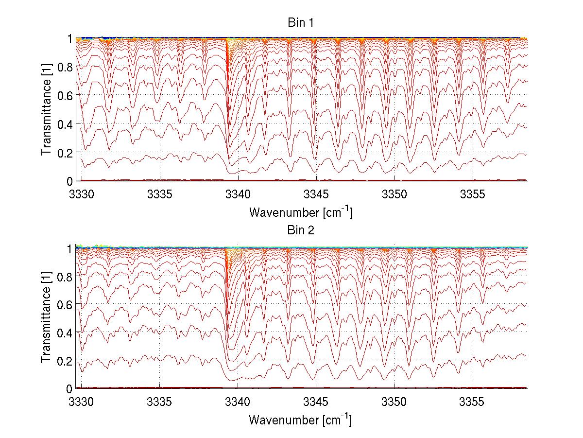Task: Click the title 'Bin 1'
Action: click(301, 23)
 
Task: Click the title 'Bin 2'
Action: click(301, 230)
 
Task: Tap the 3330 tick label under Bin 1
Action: click(82, 193)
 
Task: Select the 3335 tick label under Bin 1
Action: click(160, 193)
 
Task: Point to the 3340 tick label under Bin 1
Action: click(238, 193)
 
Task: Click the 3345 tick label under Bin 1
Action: click(316, 193)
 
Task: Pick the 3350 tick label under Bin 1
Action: click(394, 193)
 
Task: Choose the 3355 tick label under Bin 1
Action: click(473, 193)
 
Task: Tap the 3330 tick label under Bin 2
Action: click(82, 401)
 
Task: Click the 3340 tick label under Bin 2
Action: click(238, 401)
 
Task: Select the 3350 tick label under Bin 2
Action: click(394, 401)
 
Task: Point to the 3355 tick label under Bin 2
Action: click(473, 401)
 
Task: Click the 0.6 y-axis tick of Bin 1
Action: click(65, 95)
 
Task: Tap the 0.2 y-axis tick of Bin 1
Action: click(65, 152)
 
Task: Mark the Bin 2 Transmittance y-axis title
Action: click(47, 317)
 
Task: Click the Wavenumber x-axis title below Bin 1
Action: click(301, 212)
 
